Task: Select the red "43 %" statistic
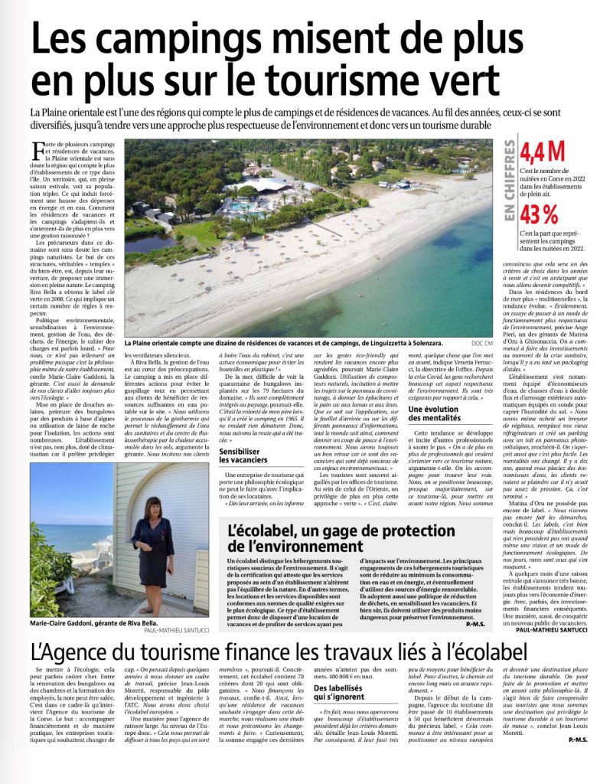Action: pyautogui.click(x=540, y=214)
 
